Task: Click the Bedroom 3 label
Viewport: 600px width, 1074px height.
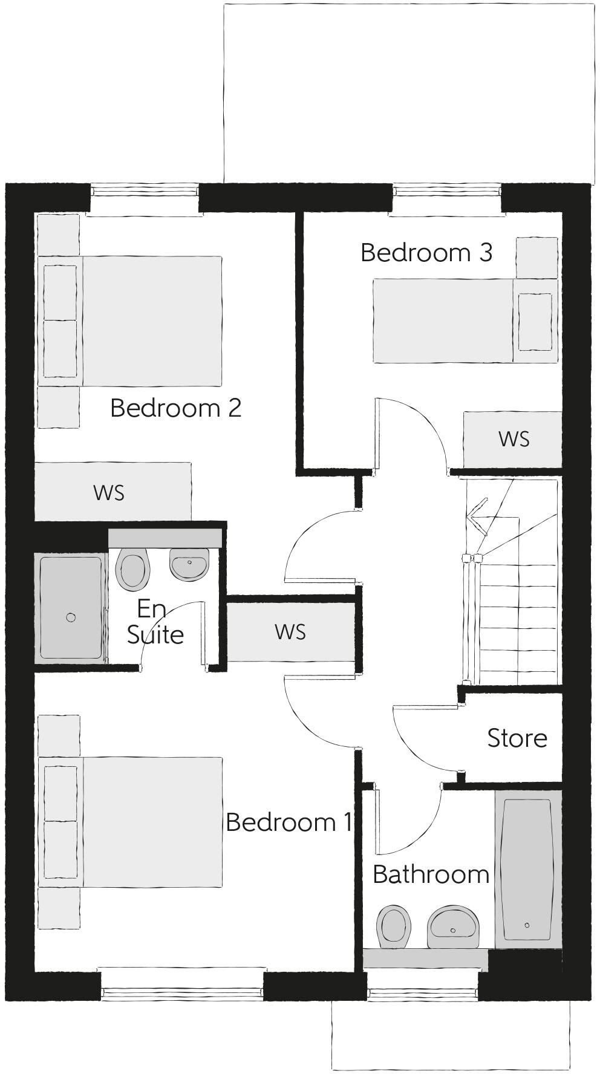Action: click(426, 252)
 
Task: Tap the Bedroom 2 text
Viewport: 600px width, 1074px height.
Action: click(176, 408)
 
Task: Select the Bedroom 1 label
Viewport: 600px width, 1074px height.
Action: click(288, 822)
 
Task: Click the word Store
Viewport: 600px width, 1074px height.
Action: click(517, 738)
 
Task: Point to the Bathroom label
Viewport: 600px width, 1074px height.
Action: click(431, 874)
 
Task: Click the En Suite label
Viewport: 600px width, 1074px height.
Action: click(155, 622)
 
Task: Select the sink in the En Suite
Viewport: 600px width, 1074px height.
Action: click(189, 564)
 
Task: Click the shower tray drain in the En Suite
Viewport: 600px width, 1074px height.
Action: click(71, 617)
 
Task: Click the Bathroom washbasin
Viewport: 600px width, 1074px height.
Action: click(453, 927)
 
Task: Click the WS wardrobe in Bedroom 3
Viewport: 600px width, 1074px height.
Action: click(513, 439)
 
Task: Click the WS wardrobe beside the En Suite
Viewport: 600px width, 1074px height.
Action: click(290, 632)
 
